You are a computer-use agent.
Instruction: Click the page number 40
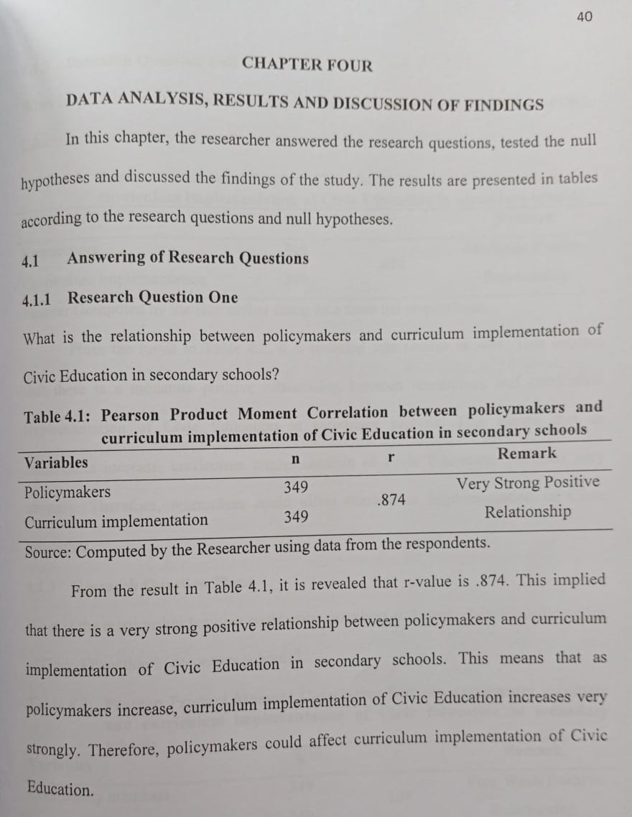tap(585, 17)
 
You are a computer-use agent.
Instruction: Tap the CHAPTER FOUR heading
tap(307, 65)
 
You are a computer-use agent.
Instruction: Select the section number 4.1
tap(30, 261)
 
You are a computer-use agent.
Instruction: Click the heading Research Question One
tap(152, 297)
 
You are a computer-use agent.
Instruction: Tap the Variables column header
tap(56, 462)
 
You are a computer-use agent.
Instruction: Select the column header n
tap(294, 459)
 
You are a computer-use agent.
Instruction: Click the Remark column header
tap(526, 453)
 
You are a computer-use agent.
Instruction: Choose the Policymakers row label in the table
tap(68, 492)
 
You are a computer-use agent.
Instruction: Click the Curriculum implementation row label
tap(116, 521)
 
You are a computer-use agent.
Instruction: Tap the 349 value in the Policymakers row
tap(296, 488)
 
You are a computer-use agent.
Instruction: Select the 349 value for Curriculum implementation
tap(296, 517)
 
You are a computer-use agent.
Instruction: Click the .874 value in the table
tap(391, 500)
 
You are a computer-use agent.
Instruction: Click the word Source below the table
tap(47, 553)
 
